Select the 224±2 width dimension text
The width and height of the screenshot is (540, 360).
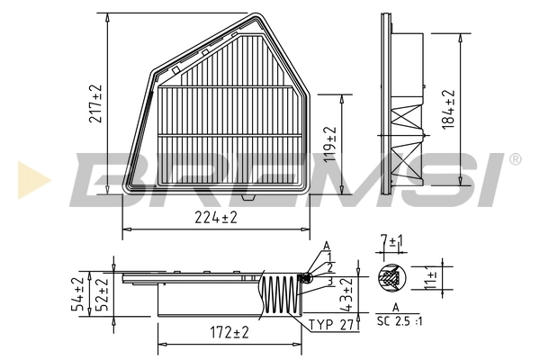pyautogui.click(x=216, y=217)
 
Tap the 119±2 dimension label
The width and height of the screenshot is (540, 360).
pyautogui.click(x=330, y=142)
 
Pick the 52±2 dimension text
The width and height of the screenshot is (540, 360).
pyautogui.click(x=102, y=294)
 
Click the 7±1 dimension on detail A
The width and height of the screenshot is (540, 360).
pyautogui.click(x=391, y=242)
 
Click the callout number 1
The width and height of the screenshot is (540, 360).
pyautogui.click(x=330, y=256)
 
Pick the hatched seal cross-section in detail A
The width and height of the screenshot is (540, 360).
pyautogui.click(x=391, y=279)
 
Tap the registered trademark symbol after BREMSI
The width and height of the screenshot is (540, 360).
pyautogui.click(x=515, y=159)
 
